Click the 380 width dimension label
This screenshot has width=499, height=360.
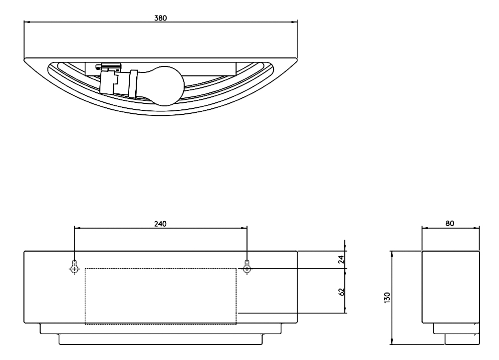pos(160,18)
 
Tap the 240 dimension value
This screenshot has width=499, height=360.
pos(160,224)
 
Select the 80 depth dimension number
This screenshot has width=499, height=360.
pos(450,224)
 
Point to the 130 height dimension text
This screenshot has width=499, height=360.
pos(387,298)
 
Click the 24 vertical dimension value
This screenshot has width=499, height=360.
pos(341,260)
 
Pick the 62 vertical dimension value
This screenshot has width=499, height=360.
pos(341,292)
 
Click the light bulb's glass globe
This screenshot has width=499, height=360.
pos(166,85)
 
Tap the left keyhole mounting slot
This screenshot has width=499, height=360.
pos(74,267)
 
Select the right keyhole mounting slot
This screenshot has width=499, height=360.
pos(247,267)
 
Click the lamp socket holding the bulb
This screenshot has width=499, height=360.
pos(118,83)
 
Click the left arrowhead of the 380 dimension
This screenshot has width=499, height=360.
pos(27,22)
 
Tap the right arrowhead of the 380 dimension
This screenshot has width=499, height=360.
pos(294,22)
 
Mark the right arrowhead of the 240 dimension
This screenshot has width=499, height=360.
pos(244,228)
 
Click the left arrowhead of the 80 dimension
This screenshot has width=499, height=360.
pos(425,228)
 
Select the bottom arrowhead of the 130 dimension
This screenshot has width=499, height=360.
pos(392,342)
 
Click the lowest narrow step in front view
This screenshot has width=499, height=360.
pos(161,340)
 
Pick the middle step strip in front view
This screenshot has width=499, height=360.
pos(161,329)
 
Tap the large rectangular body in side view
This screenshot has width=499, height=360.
pos(451,287)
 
